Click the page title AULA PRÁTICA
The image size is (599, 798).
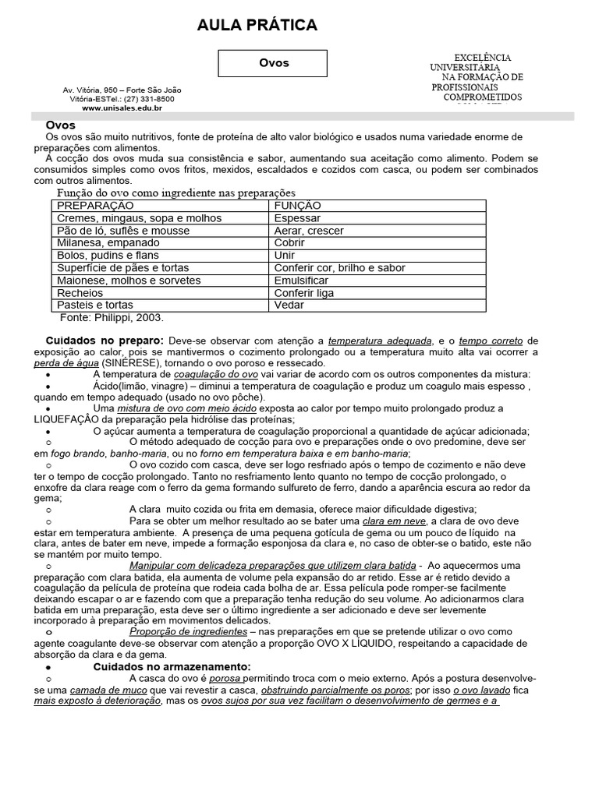tap(257, 26)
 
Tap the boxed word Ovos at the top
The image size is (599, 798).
tap(273, 63)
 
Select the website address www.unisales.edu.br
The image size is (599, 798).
tap(122, 108)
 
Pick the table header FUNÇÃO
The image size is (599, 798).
tap(298, 206)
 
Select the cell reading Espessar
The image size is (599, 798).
tap(297, 218)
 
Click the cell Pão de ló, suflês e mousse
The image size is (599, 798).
tap(122, 231)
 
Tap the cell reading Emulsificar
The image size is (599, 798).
tap(301, 281)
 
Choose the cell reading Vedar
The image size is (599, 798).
tap(289, 305)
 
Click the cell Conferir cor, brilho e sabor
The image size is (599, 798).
tap(339, 268)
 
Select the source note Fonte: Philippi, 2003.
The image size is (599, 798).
tap(112, 318)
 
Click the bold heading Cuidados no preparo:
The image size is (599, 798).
tap(105, 341)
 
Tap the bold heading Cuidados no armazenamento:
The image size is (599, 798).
tap(172, 667)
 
